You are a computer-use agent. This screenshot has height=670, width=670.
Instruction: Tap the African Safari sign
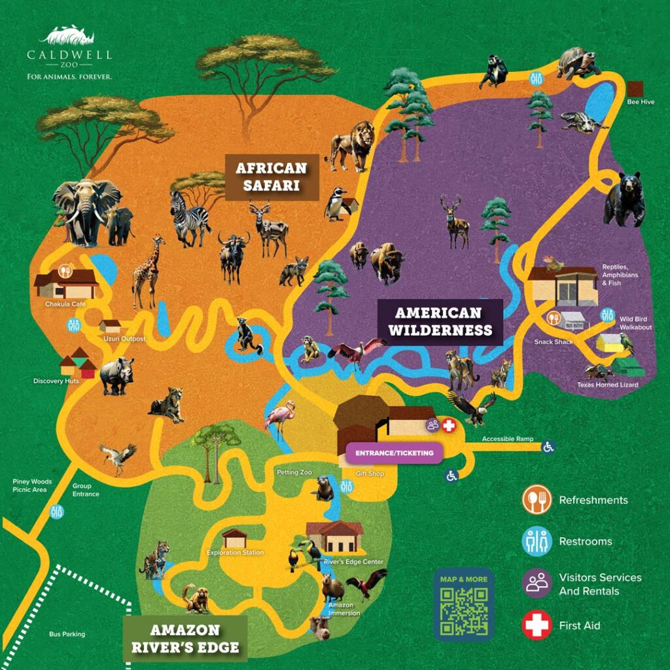pyautogui.click(x=272, y=177)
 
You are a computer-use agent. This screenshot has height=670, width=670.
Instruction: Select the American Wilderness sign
pyautogui.click(x=440, y=322)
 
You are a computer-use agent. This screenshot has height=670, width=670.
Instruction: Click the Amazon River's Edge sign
pyautogui.click(x=185, y=639)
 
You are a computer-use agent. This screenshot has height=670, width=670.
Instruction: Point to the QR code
pyautogui.click(x=463, y=612)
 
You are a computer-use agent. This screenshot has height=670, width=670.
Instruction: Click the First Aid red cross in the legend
pyautogui.click(x=537, y=626)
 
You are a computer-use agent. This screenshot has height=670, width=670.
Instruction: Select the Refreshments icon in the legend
pyautogui.click(x=537, y=500)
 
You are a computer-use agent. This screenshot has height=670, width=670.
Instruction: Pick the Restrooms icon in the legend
pyautogui.click(x=537, y=542)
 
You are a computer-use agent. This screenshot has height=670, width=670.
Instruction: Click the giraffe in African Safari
pyautogui.click(x=146, y=272)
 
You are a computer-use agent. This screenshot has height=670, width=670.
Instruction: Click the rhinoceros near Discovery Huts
pyautogui.click(x=118, y=376)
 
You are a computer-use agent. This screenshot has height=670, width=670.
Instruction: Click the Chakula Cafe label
pyautogui.click(x=65, y=304)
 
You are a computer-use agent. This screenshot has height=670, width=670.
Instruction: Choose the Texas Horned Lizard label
pyautogui.click(x=607, y=385)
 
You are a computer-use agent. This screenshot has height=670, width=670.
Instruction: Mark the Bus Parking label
pyautogui.click(x=67, y=634)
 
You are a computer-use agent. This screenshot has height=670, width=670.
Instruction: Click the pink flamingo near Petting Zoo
pyautogui.click(x=281, y=419)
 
